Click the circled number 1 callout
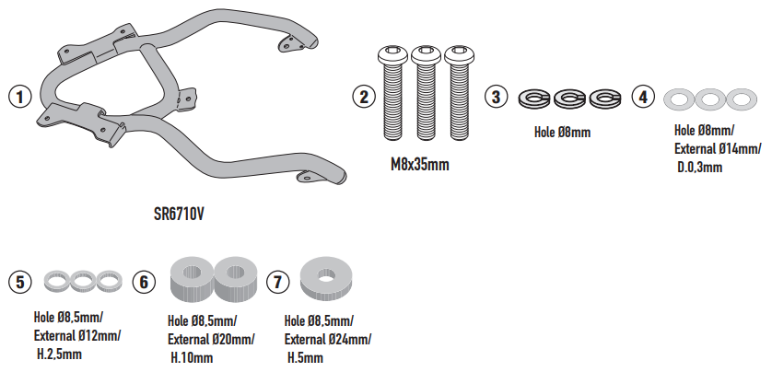pos(18,95)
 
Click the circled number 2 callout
pos(364,96)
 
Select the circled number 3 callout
pos(497,96)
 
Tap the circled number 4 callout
pos(644,96)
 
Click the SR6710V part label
pos(179,215)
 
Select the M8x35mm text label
pos(420,166)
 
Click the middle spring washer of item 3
pos(568,98)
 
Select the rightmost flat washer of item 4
pos(738,98)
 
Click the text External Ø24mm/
pos(328,339)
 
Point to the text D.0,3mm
pos(698,168)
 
